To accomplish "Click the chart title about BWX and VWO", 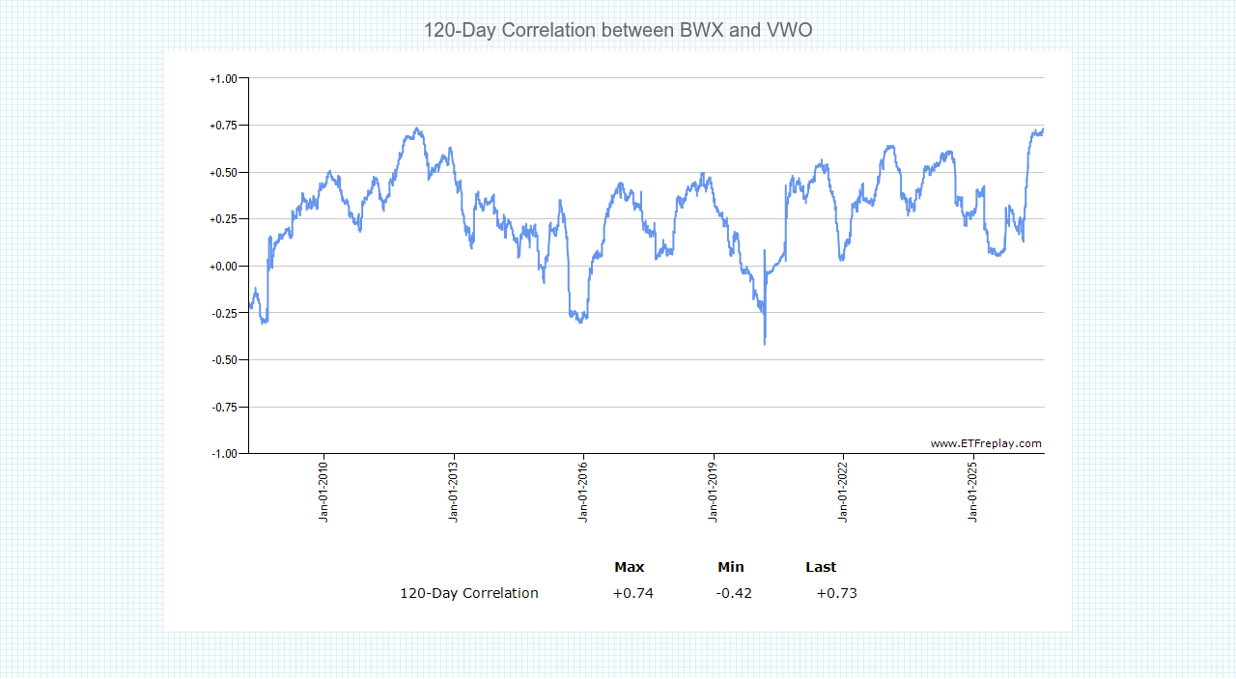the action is [x=618, y=30].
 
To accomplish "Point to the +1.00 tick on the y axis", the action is [x=223, y=79].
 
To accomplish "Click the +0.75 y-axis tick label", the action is [x=223, y=126].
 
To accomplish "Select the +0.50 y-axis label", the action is [x=223, y=173].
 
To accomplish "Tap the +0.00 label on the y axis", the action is [x=223, y=267].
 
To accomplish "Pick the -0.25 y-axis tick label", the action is [x=224, y=314].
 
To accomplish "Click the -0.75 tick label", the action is [x=224, y=408].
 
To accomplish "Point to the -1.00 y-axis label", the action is [x=224, y=454].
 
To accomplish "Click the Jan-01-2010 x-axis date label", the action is [x=323, y=492].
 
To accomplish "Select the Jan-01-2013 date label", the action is [x=454, y=492].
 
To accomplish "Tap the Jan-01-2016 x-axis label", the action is [x=583, y=492].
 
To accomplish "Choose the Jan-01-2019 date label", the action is [x=713, y=492].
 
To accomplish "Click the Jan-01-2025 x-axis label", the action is [x=972, y=492].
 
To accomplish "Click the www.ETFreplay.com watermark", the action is [x=986, y=443].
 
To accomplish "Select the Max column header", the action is [x=629, y=567].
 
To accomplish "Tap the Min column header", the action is [x=731, y=567].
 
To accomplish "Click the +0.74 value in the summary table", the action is [x=632, y=593].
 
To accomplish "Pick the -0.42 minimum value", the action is [x=734, y=593].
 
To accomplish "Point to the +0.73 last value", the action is [x=836, y=593].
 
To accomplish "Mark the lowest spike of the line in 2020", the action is [x=765, y=345].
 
